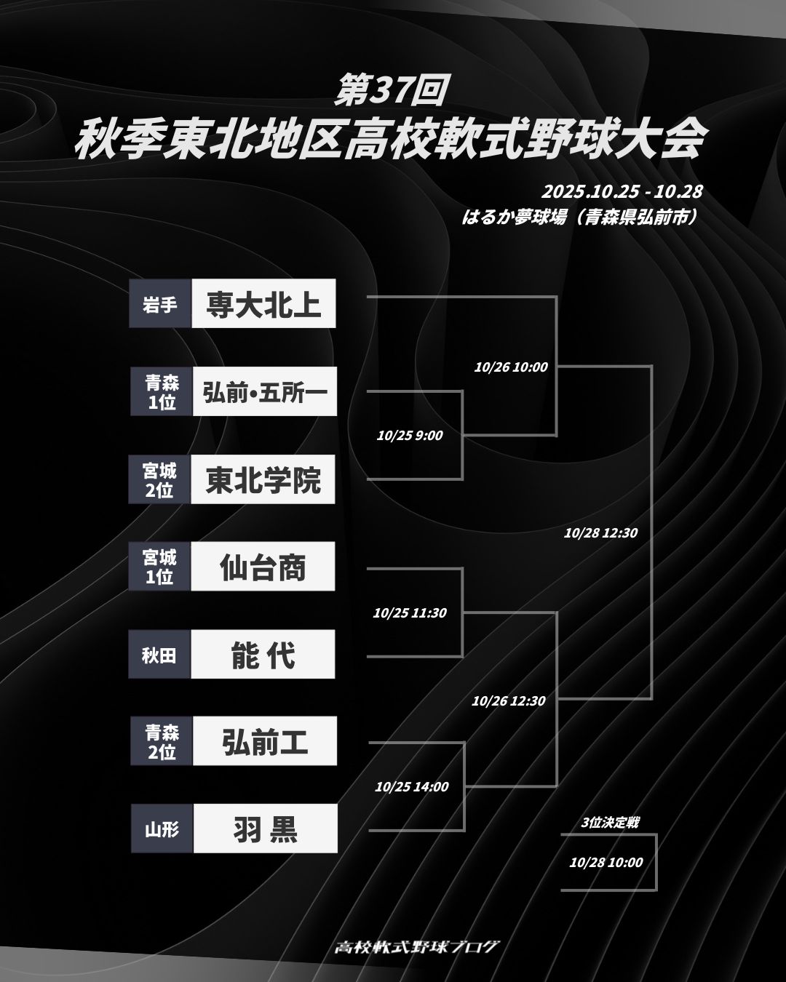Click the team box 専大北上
263,303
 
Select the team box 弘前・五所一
265,392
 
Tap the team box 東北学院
263,480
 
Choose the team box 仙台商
263,567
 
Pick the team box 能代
263,655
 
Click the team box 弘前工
265,741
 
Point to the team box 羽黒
265,829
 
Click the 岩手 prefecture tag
160,303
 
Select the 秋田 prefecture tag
159,655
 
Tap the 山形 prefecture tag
162,829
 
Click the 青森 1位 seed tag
162,392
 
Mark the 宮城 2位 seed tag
159,480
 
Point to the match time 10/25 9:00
410,436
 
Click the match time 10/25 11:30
410,612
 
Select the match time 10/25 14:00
412,786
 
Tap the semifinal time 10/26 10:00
511,367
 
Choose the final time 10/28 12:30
600,532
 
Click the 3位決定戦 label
610,823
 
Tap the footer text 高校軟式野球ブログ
417,946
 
